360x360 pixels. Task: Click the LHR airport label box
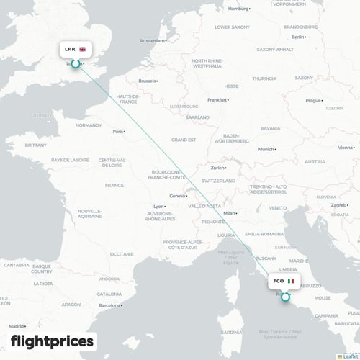(75, 50)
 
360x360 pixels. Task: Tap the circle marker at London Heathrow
(75, 65)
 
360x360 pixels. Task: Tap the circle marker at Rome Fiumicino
(285, 296)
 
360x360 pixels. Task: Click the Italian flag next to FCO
(291, 281)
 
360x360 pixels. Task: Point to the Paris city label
(117, 132)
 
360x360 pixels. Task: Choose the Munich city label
(266, 149)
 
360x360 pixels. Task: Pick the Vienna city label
(346, 147)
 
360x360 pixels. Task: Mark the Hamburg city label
(238, 9)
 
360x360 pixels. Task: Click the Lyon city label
(158, 206)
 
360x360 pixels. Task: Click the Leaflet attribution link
(351, 356)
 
